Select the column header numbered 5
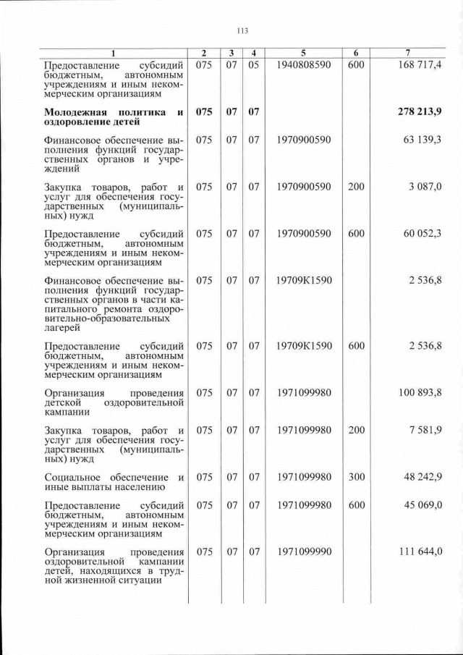coord(304,53)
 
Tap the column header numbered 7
coord(409,53)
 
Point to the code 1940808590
coord(304,65)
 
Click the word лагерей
coord(62,328)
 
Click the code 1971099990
coord(304,552)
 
